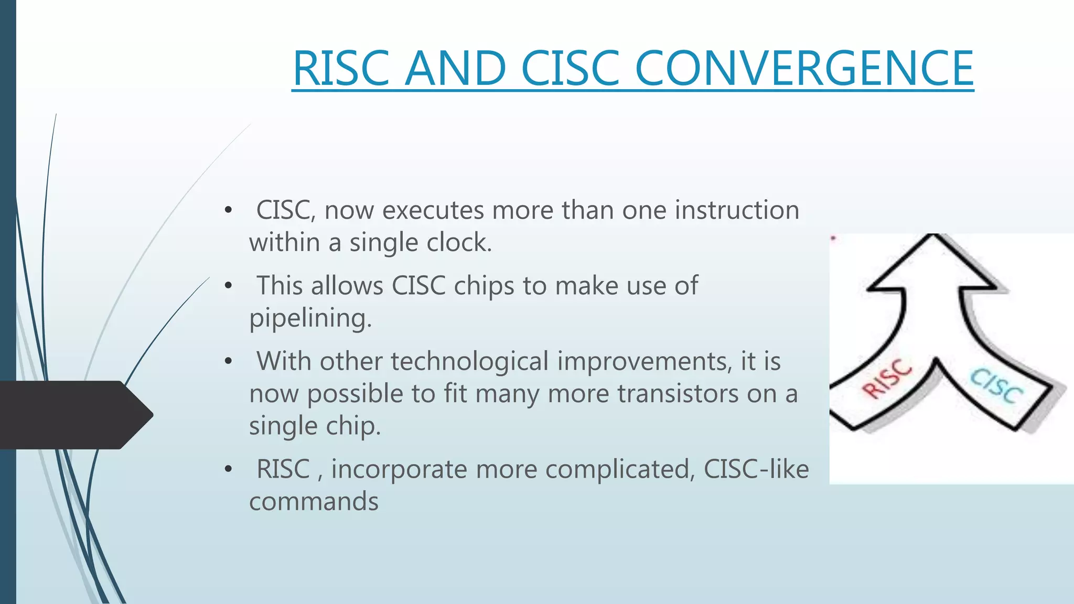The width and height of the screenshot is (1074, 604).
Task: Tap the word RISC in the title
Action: [x=341, y=68]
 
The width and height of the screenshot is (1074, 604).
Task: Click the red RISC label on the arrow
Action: [x=887, y=379]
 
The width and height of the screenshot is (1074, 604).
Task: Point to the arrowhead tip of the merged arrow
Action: [x=933, y=236]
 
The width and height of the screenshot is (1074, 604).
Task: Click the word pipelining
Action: [x=310, y=318]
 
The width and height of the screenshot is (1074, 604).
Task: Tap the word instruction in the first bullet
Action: [x=737, y=210]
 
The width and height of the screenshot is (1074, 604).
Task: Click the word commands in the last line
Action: [x=314, y=501]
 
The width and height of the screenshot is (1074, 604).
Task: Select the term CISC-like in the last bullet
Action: [x=756, y=469]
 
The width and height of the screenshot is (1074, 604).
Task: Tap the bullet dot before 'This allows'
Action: [x=228, y=286]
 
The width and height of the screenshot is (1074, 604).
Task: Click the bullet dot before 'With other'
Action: [x=228, y=362]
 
